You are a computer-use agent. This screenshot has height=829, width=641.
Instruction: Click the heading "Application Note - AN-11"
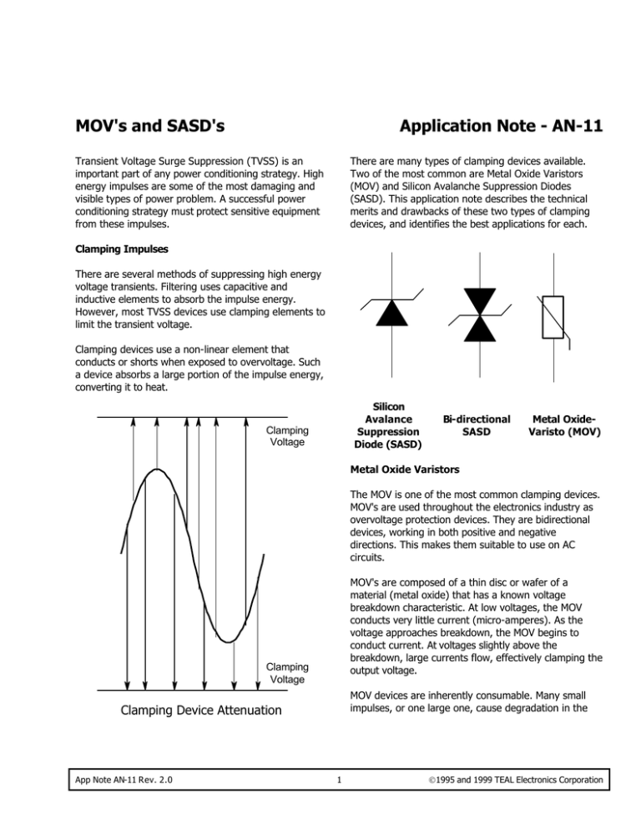point(502,126)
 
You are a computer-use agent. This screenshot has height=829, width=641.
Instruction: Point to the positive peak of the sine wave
point(154,471)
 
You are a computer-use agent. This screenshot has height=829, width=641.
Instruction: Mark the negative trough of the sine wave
point(225,641)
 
